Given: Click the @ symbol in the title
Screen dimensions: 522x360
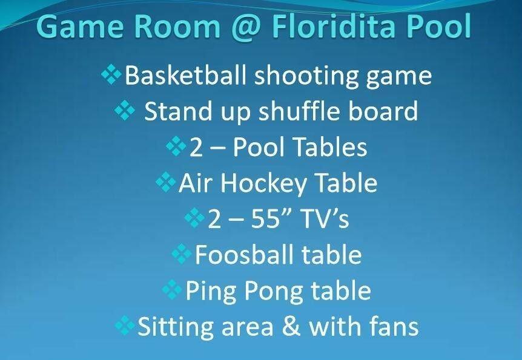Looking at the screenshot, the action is point(246,27).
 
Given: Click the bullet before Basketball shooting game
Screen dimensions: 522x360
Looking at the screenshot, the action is point(111,74).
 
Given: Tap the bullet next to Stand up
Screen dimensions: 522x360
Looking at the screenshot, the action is point(125,110).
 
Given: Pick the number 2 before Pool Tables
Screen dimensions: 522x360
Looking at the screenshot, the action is point(196,148).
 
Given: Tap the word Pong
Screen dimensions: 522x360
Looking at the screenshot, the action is point(274,291).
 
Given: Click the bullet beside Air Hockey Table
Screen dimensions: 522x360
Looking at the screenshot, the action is point(165,182).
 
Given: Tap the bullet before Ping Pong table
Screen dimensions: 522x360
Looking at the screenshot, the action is point(172,289).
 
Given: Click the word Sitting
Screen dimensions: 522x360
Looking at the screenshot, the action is point(175,327).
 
